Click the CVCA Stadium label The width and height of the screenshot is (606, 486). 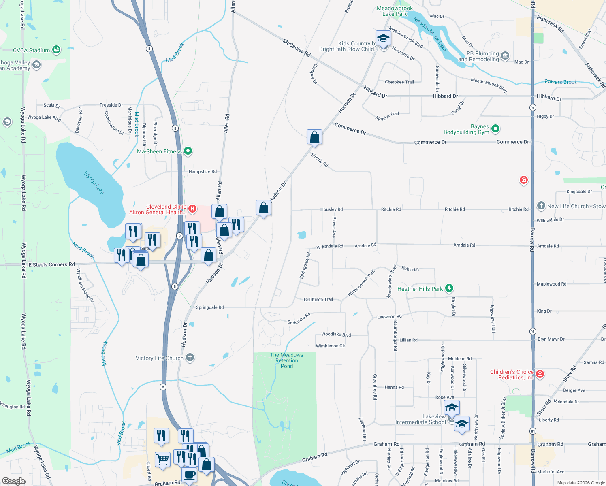tap(31, 50)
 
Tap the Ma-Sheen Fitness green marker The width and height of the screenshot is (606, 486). tap(188, 151)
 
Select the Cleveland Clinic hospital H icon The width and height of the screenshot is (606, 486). tap(192, 209)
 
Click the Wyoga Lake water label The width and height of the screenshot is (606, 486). tap(94, 183)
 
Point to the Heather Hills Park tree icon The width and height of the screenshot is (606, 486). tap(449, 288)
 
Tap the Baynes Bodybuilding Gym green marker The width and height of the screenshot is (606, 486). tap(495, 129)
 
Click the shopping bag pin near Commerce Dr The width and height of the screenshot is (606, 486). tap(314, 138)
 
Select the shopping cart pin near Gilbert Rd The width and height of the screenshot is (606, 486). tap(162, 460)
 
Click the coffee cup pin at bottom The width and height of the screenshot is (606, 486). tap(189, 475)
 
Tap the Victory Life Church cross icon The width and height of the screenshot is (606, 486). tap(190, 358)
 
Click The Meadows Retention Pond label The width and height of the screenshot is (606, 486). tap(286, 360)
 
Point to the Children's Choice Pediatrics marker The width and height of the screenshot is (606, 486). tap(540, 374)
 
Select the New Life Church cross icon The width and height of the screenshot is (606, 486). tap(541, 206)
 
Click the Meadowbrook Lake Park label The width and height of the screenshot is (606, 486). tap(395, 11)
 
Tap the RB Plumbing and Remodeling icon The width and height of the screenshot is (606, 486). tap(505, 56)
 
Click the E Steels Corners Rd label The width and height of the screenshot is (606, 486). tap(51, 264)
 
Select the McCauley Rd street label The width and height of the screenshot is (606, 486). tap(297, 48)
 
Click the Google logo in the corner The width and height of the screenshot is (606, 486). tap(13, 481)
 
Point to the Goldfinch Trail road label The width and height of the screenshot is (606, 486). tap(318, 299)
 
